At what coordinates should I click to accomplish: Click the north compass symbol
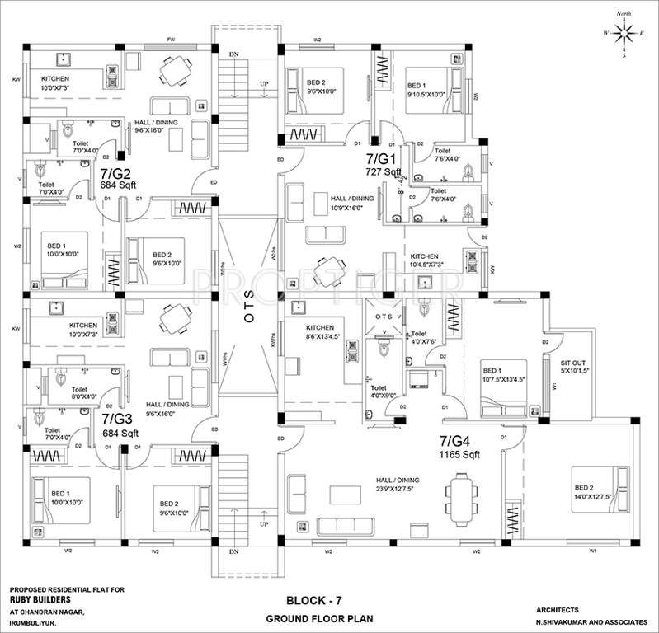(625, 34)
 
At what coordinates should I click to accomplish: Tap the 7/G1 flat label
(382, 158)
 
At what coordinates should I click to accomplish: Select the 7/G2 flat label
(116, 175)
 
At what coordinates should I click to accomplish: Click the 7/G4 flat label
(457, 441)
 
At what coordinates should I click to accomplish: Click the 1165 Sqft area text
(459, 454)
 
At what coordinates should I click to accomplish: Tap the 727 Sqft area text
(384, 171)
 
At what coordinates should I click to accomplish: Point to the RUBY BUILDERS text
(41, 600)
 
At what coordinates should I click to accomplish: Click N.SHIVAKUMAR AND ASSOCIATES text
(585, 620)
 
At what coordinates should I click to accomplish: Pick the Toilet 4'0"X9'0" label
(384, 391)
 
